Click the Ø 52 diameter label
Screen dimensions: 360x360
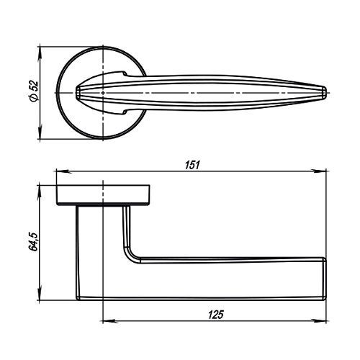click(34, 91)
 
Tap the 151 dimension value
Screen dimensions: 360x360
click(192, 166)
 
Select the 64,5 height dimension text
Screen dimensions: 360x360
click(34, 242)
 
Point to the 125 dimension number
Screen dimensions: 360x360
click(216, 315)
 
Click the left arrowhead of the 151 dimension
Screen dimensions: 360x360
click(63, 171)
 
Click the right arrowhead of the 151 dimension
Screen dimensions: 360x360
click(319, 171)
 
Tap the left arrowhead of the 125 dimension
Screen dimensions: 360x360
click(110, 320)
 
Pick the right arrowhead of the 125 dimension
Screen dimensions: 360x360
click(319, 320)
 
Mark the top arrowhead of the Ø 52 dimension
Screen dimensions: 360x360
click(40, 54)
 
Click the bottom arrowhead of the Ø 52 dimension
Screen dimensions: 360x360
click(40, 132)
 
